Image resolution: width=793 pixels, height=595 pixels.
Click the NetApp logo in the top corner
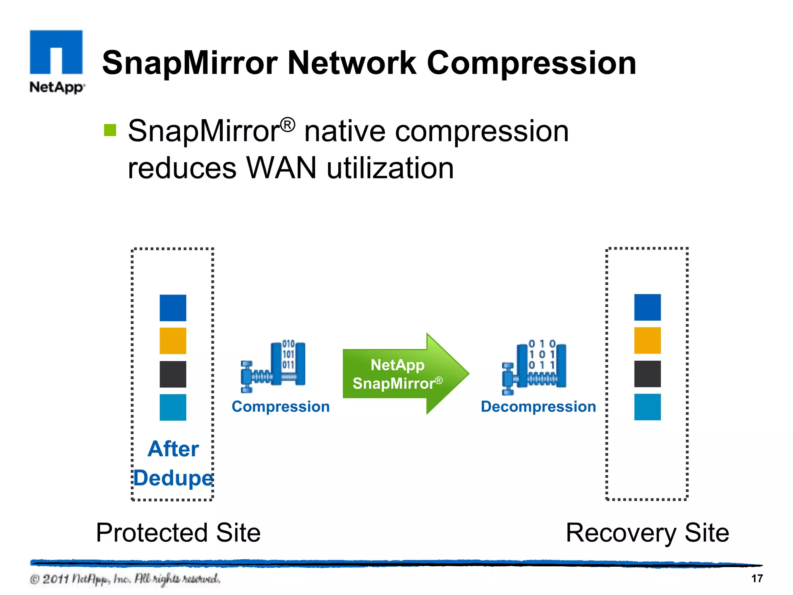click(57, 61)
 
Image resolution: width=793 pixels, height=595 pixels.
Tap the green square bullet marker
click(110, 130)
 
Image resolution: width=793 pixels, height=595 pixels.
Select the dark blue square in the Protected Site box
click(173, 308)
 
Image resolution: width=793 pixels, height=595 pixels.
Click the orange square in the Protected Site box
click(173, 341)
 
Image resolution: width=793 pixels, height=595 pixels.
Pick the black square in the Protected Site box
click(173, 374)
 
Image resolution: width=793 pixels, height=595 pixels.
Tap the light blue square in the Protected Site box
click(173, 407)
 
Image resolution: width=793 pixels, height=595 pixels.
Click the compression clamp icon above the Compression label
click(273, 366)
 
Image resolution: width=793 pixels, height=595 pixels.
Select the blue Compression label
click(280, 407)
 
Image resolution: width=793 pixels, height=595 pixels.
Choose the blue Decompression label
click(538, 407)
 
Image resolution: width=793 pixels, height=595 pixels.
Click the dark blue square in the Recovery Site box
click(647, 307)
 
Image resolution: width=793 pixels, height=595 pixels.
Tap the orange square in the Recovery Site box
click(647, 340)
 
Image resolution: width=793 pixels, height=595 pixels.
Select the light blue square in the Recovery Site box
click(647, 407)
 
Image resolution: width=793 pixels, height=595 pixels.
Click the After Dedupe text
click(173, 463)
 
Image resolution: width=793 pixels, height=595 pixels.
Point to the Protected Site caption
click(178, 533)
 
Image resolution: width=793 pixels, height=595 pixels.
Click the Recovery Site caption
click(647, 533)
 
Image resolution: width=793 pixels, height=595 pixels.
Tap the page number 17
click(757, 578)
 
